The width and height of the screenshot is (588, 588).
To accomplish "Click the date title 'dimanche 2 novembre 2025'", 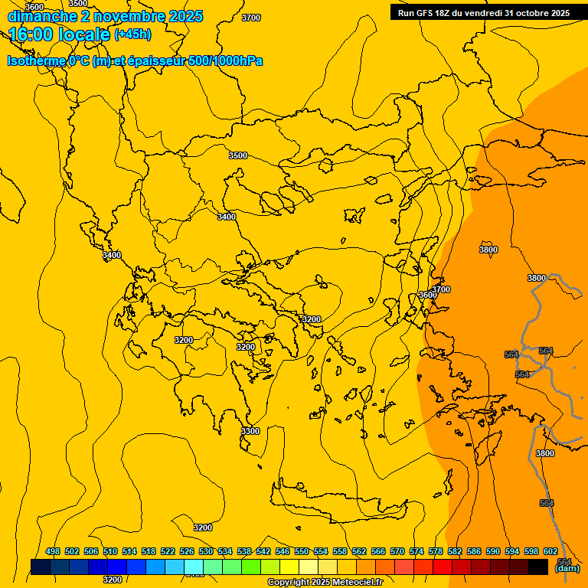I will (105, 16).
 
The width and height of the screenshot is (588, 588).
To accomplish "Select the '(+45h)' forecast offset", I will (132, 34).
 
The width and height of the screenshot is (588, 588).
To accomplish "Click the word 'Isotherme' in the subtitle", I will (36, 61).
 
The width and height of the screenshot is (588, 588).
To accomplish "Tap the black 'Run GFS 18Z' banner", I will (484, 13).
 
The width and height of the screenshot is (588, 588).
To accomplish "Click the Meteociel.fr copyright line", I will (325, 583).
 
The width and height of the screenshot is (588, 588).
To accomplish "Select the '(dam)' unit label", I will (567, 568).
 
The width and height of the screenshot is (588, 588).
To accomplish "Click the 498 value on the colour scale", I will (53, 551).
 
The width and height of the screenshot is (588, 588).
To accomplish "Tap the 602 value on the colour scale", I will (550, 551).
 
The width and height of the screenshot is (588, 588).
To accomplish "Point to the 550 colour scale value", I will (302, 551).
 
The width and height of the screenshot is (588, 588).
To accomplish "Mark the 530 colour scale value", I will (206, 551).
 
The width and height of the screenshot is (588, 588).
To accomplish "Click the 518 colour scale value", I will (149, 551).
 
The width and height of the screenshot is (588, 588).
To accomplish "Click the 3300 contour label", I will (250, 431).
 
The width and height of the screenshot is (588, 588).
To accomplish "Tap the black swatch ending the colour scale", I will (538, 567).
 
